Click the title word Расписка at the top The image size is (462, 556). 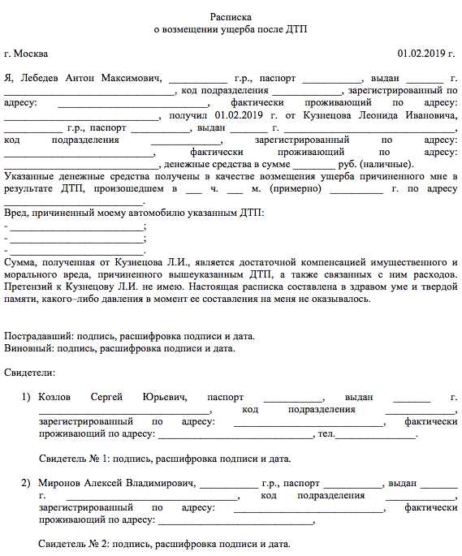pyautogui.click(x=231, y=15)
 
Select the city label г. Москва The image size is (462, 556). pyautogui.click(x=26, y=54)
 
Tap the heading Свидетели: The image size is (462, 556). pyautogui.click(x=30, y=373)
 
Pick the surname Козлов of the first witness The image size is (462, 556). pyautogui.click(x=56, y=397)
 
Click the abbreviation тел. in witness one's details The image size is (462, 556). pyautogui.click(x=326, y=433)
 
